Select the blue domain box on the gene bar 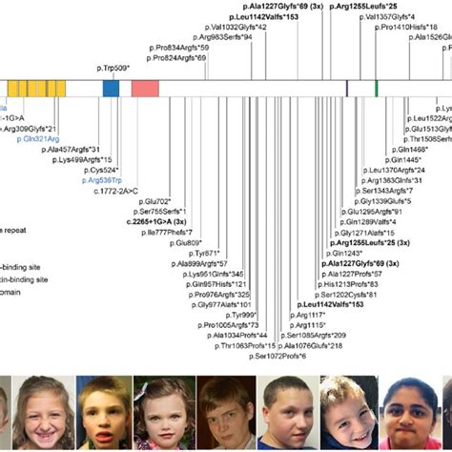[111, 88]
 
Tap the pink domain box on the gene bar [144, 88]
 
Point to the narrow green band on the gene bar [377, 88]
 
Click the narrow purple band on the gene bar [346, 88]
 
